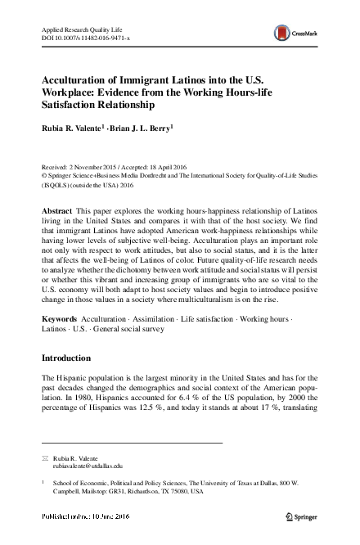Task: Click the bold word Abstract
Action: coord(57,211)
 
